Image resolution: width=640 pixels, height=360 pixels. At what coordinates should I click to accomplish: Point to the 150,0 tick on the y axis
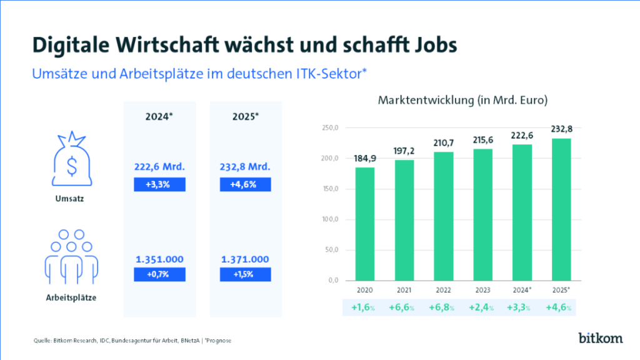pos(329,189)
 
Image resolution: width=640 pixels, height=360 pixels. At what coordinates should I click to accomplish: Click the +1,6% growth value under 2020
pos(363,307)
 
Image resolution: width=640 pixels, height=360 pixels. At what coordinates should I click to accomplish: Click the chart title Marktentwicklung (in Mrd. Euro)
pos(462,100)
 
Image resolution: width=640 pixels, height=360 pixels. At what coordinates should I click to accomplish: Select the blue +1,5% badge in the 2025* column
pos(245,274)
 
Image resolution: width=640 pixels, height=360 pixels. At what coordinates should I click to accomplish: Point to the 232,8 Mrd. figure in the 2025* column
pos(245,167)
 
